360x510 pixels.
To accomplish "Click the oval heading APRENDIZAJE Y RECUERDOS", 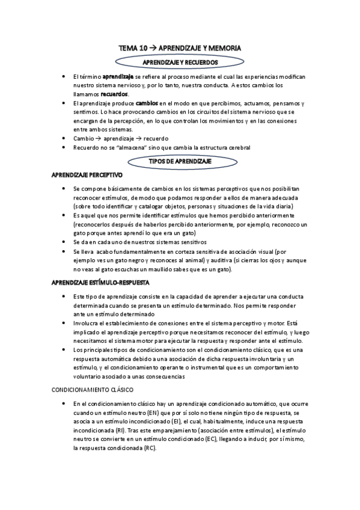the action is [x=180, y=62].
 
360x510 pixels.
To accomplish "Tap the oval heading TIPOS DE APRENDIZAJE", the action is [x=179, y=161].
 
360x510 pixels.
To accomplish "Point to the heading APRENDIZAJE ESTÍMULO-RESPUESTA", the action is [x=101, y=281].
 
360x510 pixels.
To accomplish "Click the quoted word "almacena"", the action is [x=127, y=147].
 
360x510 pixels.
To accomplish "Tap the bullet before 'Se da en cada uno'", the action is [x=65, y=241].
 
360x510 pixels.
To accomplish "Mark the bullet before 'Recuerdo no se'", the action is [x=65, y=147].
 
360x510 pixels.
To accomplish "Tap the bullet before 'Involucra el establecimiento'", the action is [x=65, y=323].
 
